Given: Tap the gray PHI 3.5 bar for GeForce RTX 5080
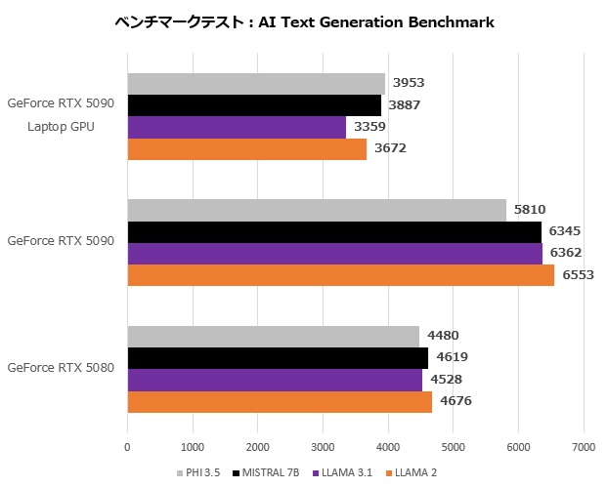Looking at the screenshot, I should pos(273,337).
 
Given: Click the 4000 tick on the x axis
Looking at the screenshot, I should pos(388,447).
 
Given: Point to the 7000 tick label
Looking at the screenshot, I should pos(584,447).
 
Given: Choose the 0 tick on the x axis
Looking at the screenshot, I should pos(127,447).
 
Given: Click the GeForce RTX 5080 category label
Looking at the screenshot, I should pos(61,368).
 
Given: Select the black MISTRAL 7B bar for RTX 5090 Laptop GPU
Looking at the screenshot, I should pos(254,105).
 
